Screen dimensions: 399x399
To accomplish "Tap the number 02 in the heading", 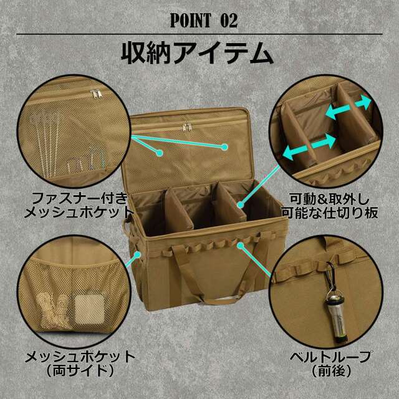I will (x=229, y=20).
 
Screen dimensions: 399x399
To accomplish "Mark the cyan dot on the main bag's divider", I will (x=240, y=202).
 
